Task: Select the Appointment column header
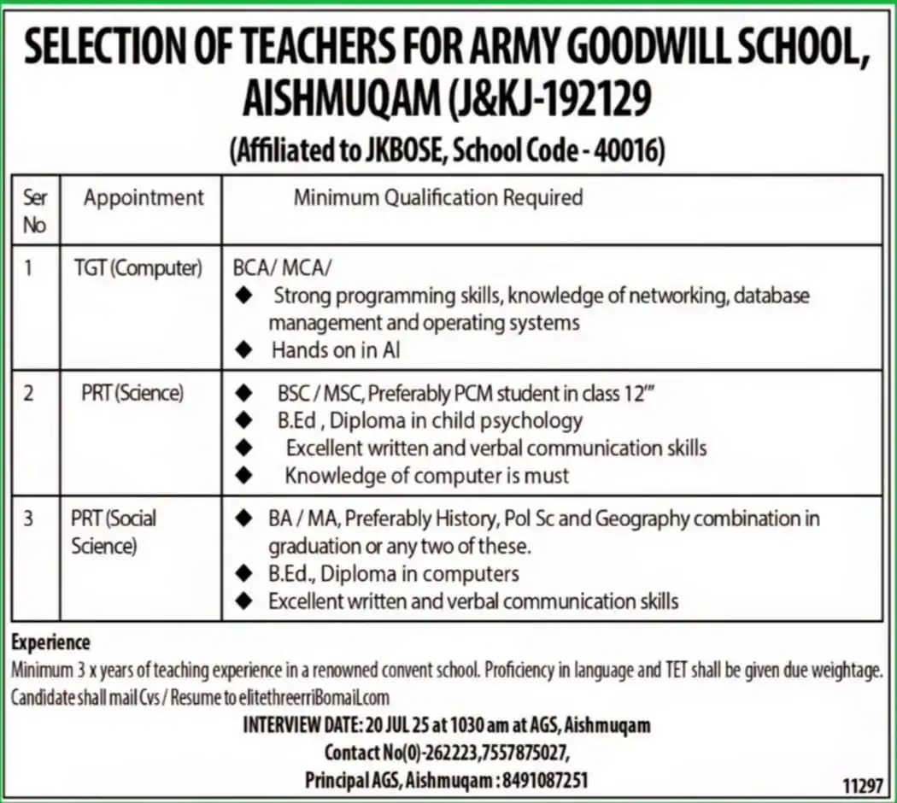click(144, 198)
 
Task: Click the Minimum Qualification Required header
click(438, 198)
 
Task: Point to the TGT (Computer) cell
click(138, 268)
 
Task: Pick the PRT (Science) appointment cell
click(132, 394)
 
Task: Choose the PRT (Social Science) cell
click(113, 531)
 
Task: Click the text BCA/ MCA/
click(282, 268)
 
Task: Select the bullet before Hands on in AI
click(245, 349)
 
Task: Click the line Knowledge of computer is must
click(427, 475)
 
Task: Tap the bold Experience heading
click(51, 642)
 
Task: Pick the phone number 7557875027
click(523, 753)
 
